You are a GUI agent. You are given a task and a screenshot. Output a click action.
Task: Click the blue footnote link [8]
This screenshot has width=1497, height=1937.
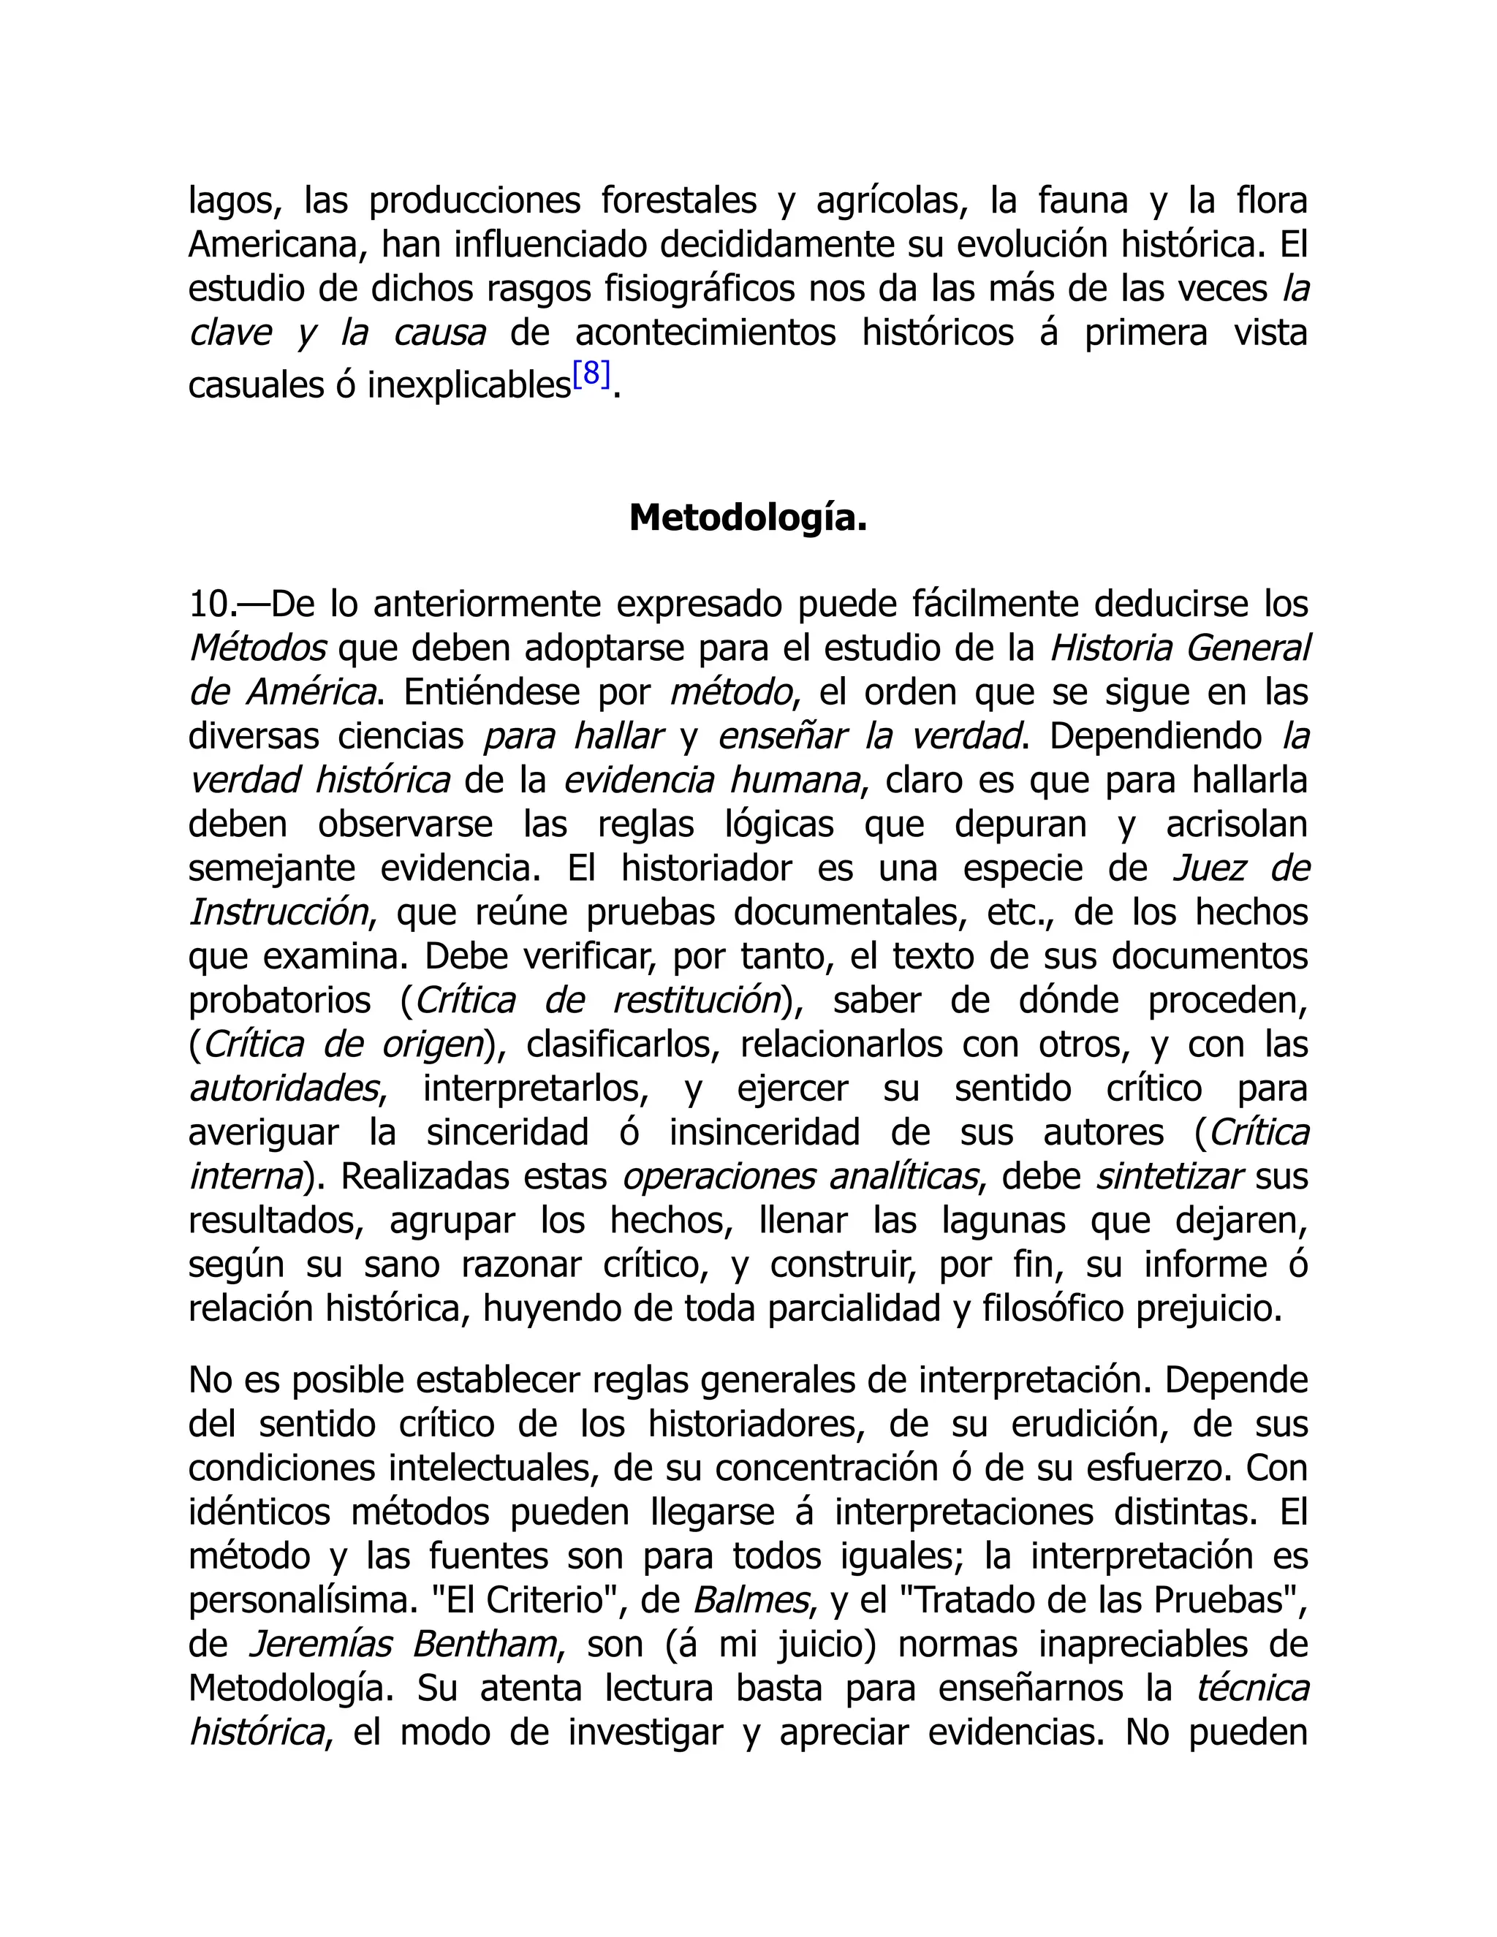coord(591,376)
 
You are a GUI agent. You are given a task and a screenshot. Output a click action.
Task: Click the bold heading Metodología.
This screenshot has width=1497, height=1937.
coord(748,519)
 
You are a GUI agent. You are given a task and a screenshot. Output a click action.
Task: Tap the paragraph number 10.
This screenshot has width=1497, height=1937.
coord(211,606)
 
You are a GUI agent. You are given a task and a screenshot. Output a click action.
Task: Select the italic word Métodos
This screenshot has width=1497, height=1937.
coord(257,649)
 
